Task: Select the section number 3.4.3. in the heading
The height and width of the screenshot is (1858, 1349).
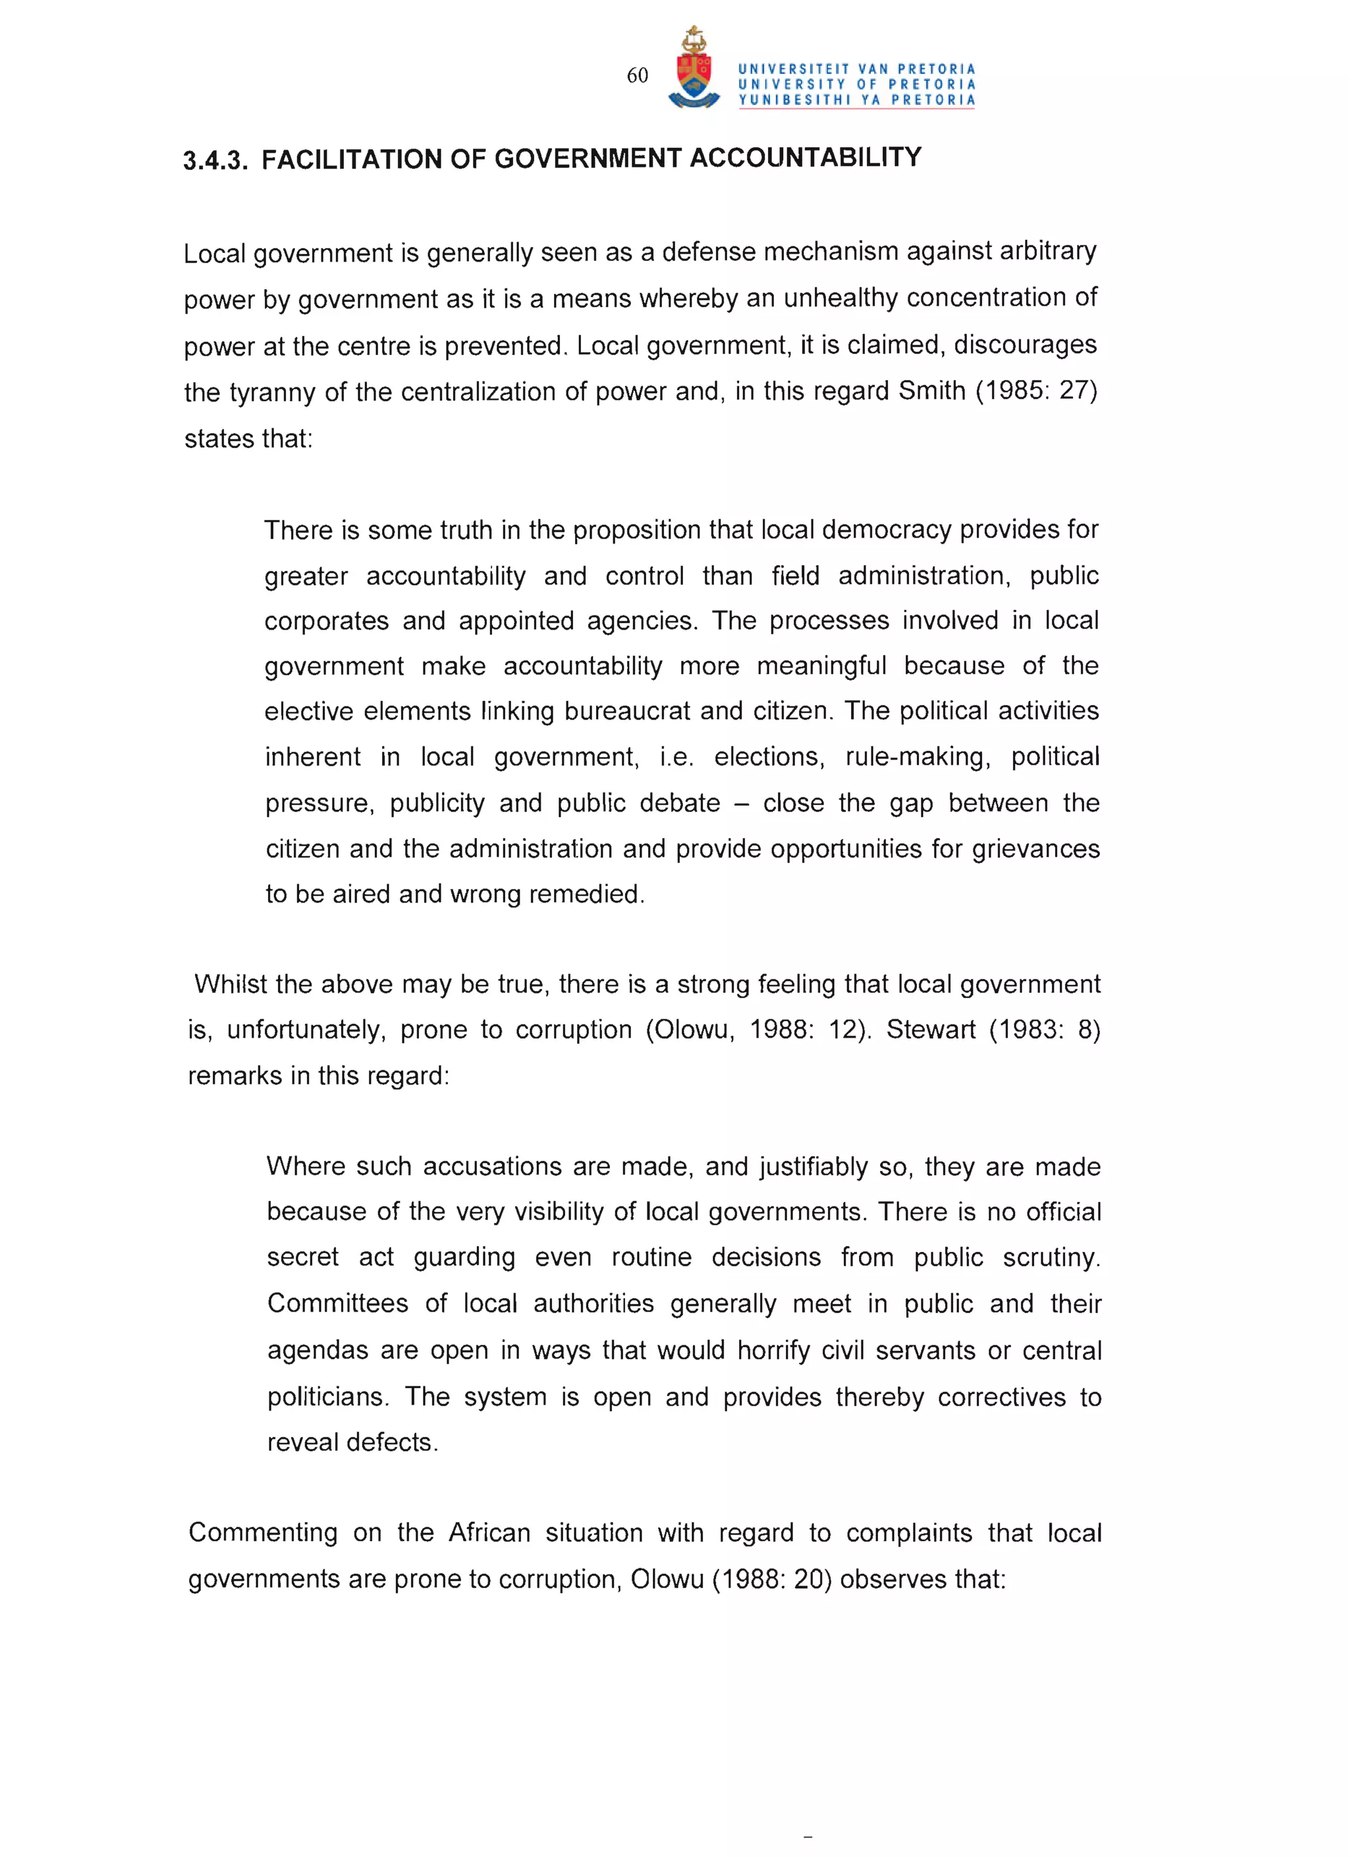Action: tap(215, 161)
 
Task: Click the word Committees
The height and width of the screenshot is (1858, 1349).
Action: tap(337, 1303)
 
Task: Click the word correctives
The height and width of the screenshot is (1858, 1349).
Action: tap(1001, 1397)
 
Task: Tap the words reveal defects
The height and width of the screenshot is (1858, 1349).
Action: tap(352, 1443)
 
